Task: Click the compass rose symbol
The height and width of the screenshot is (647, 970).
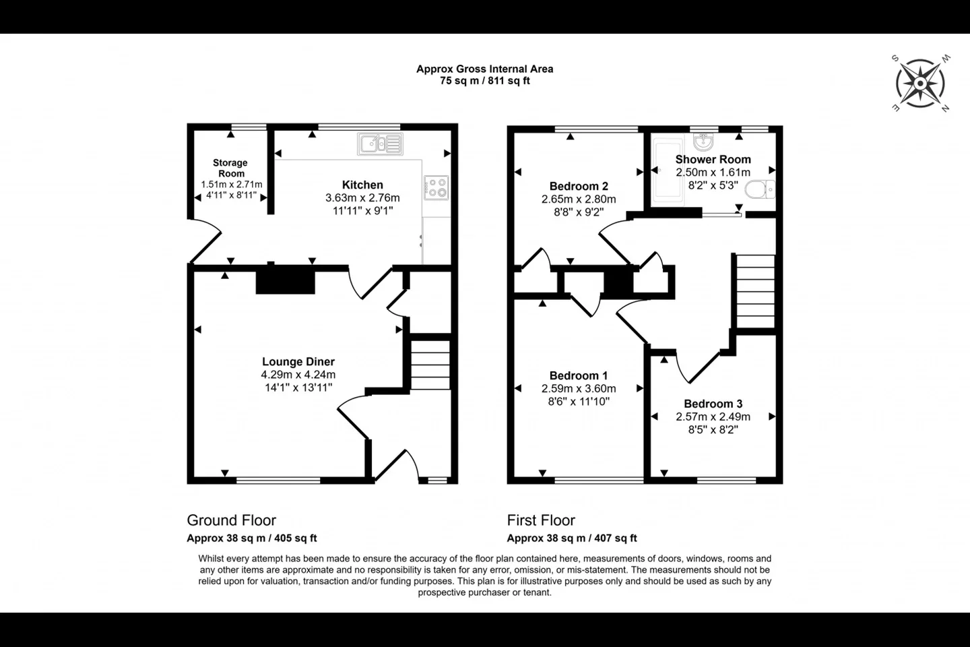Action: tap(920, 83)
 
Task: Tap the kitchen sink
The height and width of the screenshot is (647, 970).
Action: tap(380, 144)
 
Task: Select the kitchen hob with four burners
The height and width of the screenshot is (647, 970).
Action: tap(436, 187)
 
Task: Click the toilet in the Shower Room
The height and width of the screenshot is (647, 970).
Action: tap(760, 189)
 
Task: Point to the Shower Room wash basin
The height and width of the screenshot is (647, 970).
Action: tap(703, 142)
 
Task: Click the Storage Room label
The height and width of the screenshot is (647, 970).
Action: tap(230, 168)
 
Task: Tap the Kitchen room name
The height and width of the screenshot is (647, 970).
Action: tap(362, 185)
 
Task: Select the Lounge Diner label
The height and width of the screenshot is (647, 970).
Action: tap(298, 361)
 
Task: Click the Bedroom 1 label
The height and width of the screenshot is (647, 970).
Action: tap(579, 375)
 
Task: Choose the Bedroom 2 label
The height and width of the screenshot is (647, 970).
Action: tap(579, 186)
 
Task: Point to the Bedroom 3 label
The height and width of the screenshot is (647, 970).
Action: tap(713, 404)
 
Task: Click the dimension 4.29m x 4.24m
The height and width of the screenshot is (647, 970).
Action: tap(298, 375)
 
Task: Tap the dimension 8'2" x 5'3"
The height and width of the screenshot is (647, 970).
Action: tap(713, 185)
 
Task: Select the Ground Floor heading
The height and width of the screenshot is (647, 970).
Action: tap(231, 520)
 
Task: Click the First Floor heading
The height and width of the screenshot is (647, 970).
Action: tap(541, 520)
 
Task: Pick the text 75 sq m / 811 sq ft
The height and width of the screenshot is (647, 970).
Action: tap(485, 81)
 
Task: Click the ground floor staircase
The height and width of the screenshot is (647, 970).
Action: tap(430, 365)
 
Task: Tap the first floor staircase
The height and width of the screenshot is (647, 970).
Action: tap(756, 290)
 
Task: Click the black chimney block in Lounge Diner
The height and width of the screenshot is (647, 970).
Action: tap(286, 283)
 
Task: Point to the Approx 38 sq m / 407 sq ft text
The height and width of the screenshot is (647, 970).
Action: tap(572, 538)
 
